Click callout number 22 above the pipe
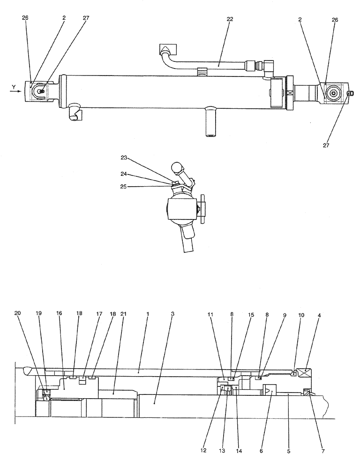pos(229,19)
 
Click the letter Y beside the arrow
pos(14,86)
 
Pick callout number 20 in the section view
pos(17,313)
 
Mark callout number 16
pos(59,313)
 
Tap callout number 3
pos(172,313)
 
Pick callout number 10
pos(301,315)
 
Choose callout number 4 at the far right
pos(319,315)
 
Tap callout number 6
pos(261,451)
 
